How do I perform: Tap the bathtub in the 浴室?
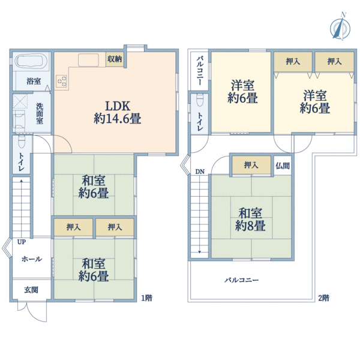click(x=32, y=62)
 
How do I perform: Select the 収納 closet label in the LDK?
click(x=115, y=59)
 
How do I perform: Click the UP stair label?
click(x=21, y=242)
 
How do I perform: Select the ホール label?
click(x=31, y=259)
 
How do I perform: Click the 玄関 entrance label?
click(x=31, y=290)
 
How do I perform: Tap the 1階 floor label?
click(x=146, y=297)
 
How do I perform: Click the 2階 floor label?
click(x=323, y=297)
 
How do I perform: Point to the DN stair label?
click(x=199, y=173)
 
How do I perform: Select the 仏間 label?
click(x=282, y=165)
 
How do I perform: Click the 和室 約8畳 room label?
click(x=250, y=220)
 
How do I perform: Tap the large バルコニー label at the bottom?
click(x=242, y=280)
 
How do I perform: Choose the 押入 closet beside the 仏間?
click(x=251, y=165)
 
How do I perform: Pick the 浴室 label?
click(x=32, y=81)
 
